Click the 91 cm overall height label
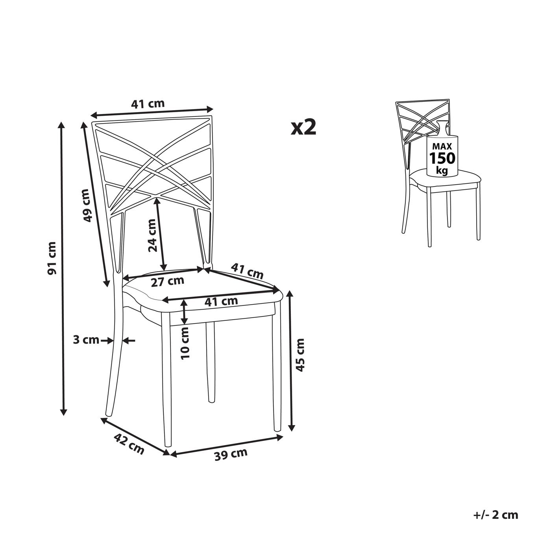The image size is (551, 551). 52,258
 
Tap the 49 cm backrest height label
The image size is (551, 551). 87,205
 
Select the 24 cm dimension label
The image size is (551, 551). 153,235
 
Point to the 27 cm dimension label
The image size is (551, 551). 168,282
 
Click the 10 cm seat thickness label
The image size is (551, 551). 185,343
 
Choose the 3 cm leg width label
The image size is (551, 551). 86,340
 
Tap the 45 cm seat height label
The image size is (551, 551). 300,355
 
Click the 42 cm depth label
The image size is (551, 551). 129,444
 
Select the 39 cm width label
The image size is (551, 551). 231,454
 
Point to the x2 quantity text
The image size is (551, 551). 304,128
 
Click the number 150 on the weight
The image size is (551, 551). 442,158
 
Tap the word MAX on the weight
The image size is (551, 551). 442,147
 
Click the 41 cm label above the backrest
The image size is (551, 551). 148,104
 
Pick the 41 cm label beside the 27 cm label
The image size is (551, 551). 247,271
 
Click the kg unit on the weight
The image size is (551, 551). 442,170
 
